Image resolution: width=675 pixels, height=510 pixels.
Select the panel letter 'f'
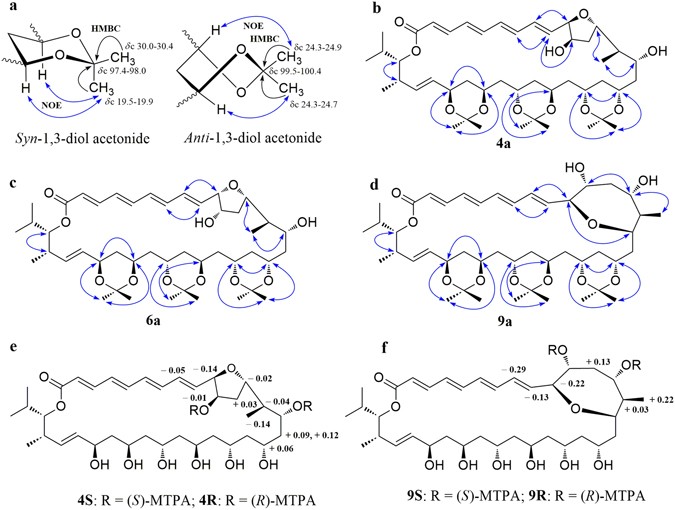coord(346,343)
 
